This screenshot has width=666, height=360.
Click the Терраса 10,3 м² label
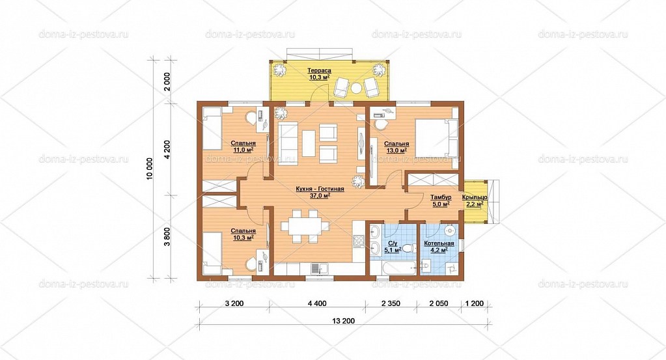click(320, 74)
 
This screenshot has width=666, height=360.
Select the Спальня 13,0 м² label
click(396, 147)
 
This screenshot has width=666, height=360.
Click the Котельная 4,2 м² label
click(439, 247)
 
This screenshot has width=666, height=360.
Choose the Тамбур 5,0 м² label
click(441, 201)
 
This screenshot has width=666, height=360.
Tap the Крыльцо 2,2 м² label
click(475, 201)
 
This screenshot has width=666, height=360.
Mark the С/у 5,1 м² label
click(393, 247)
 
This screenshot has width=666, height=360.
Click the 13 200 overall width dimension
click(343, 321)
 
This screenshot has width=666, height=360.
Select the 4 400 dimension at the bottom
click(317, 303)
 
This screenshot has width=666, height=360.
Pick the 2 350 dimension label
click(391, 303)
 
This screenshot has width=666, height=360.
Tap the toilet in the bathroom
click(409, 248)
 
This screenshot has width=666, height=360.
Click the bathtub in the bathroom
click(393, 268)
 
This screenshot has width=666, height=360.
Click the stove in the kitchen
click(359, 240)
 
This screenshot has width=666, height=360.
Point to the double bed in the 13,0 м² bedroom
click(436, 137)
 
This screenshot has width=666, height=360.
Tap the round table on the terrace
click(355, 89)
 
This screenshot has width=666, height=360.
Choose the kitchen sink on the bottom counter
click(316, 268)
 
